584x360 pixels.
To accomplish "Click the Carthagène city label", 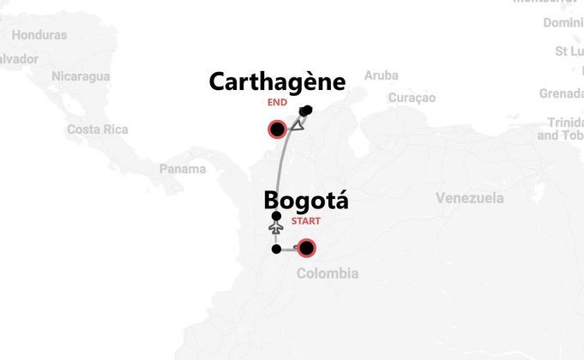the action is coord(277,82).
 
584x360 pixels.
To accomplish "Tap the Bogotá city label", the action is coord(306,201).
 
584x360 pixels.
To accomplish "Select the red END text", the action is coord(277,103).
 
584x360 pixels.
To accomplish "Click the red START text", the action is coord(306,221).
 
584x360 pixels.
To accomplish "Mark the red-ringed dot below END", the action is coord(277,130).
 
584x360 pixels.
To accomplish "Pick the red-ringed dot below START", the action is coord(305,249).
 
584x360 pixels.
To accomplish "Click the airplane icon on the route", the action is coord(275,230).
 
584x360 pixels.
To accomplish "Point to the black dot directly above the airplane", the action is coord(275,216).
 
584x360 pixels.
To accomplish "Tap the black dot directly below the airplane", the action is coord(275,249).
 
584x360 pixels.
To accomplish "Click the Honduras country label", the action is coord(39,35).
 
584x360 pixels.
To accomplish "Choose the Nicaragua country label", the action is coord(81,76).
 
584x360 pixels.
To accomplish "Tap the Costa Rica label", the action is coord(97,129).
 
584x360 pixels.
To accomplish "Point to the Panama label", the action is coord(183,169).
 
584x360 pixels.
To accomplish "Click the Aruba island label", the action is coord(381,75).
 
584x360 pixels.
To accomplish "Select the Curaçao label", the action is coord(412,98).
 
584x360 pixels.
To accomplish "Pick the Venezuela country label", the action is coord(469,199).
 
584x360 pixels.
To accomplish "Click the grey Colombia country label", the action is coord(327,273).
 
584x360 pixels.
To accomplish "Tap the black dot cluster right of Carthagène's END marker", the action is coord(306,110).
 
